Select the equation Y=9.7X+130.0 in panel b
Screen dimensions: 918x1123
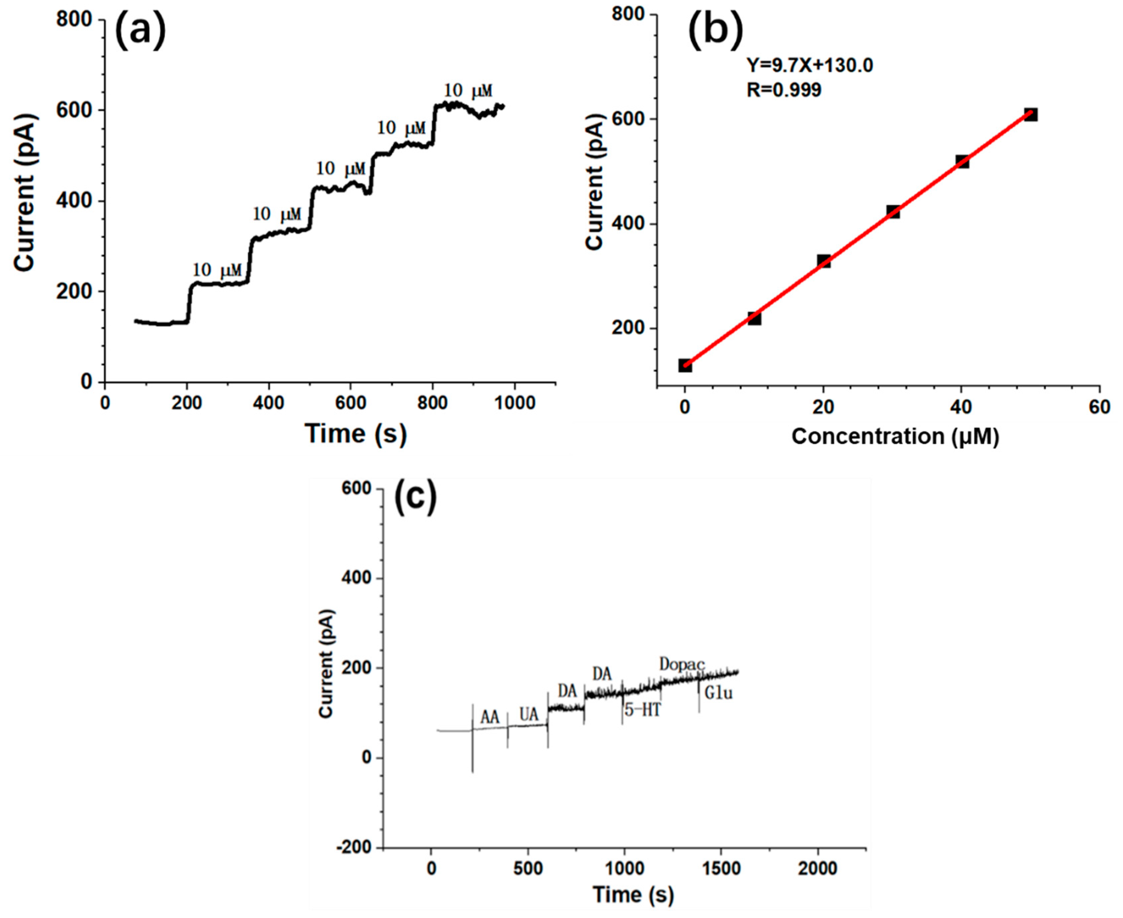(810, 66)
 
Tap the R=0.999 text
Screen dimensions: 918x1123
(784, 90)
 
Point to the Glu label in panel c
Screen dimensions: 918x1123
(719, 693)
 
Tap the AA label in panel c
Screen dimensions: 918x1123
(489, 718)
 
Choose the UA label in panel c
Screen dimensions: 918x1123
(529, 715)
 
